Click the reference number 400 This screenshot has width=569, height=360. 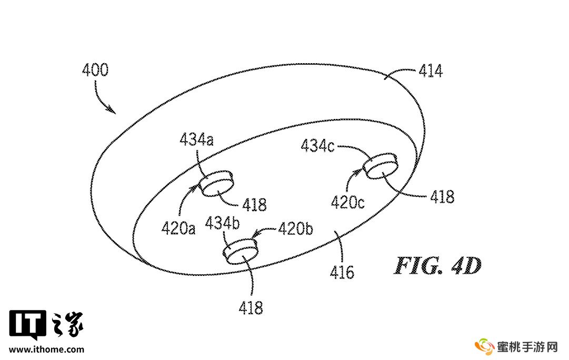click(95, 70)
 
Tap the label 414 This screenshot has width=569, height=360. click(431, 71)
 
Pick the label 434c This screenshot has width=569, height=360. click(317, 145)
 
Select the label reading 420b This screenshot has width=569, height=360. click(296, 229)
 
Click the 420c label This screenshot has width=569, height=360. click(347, 202)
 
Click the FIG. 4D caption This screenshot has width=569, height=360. click(438, 266)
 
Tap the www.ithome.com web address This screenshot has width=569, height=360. click(46, 349)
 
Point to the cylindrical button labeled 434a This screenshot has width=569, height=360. click(216, 182)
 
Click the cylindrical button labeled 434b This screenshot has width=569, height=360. click(241, 252)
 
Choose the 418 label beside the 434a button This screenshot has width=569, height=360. click(254, 204)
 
